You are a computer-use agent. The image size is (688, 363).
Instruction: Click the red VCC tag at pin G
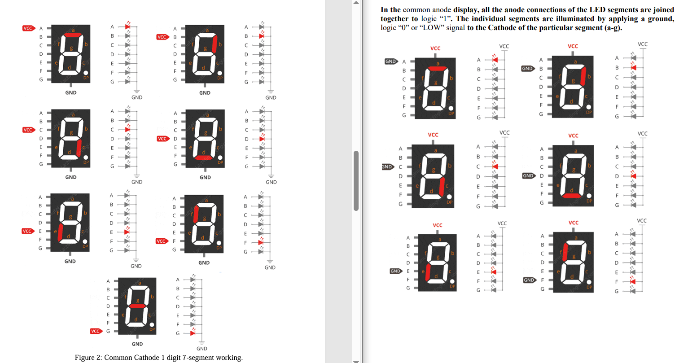coord(95,331)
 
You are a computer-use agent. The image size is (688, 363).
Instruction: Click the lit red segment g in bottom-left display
coord(138,306)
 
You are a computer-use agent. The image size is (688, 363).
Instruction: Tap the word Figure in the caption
coord(85,358)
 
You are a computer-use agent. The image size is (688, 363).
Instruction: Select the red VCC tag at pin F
coord(161,241)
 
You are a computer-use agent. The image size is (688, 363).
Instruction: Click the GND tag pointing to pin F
coord(529,280)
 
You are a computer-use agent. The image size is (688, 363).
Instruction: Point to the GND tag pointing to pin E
coord(395,271)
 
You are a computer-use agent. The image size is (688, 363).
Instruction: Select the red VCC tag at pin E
coord(27,231)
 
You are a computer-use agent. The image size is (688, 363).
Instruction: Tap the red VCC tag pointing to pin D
coord(162,139)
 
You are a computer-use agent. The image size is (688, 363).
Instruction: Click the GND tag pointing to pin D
coord(528,176)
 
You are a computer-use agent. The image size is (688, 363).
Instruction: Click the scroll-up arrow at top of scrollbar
coord(356,3)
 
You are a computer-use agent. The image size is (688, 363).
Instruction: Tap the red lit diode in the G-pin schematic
coord(193,333)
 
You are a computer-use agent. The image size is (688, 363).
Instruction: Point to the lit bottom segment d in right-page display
coord(571,195)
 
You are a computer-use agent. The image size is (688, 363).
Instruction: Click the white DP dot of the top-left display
coord(86,73)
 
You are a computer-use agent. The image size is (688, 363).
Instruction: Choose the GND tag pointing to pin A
coord(390,61)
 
